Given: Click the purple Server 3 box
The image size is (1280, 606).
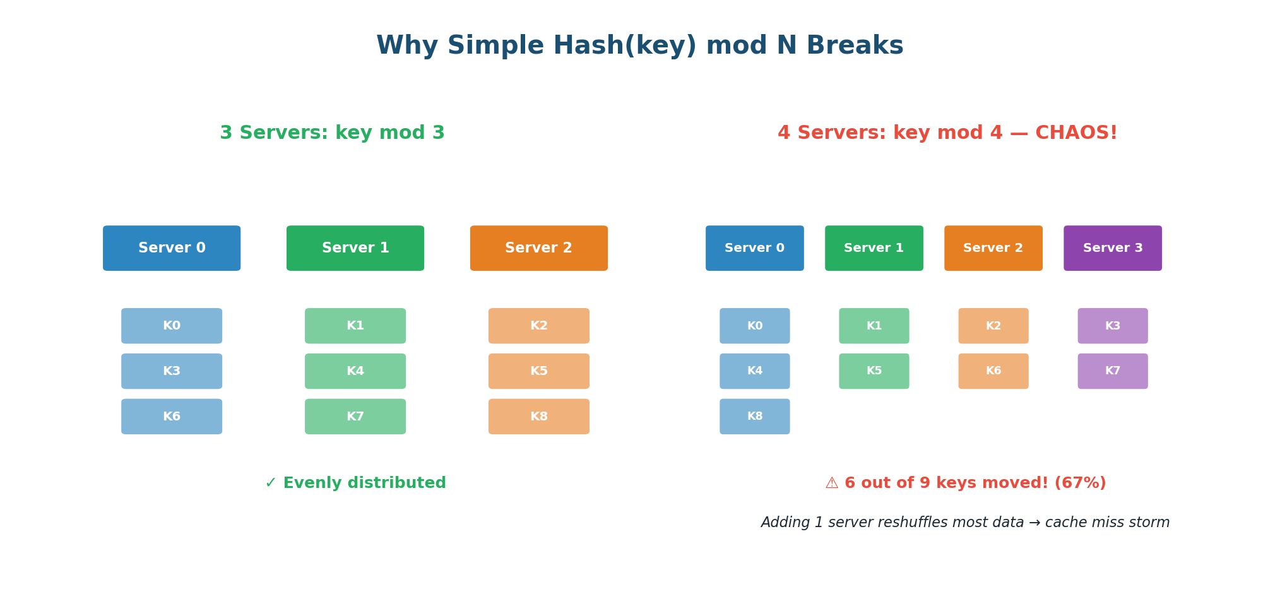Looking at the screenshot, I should [1112, 248].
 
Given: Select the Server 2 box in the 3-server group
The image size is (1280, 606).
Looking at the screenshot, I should [538, 248].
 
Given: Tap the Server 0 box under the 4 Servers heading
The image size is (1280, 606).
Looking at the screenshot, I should [754, 248].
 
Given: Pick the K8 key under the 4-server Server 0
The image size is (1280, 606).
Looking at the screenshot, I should [754, 417].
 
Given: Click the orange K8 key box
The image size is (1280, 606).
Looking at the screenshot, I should [538, 417].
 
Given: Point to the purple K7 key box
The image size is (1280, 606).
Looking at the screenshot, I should [1112, 371].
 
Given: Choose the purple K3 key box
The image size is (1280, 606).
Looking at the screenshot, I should [1112, 326].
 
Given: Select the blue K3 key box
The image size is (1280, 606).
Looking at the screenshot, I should [172, 371].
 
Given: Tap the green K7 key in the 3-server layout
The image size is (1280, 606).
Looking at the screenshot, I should [355, 417].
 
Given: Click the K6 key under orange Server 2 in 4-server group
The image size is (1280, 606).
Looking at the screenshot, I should [993, 371].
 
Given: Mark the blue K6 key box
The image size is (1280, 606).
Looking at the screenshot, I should [172, 417].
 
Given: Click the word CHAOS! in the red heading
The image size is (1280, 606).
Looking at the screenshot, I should [1076, 133].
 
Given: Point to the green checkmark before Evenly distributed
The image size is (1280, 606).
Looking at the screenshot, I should [271, 484].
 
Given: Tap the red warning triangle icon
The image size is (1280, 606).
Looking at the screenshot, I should [832, 484].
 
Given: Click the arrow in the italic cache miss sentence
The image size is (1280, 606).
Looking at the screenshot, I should [1034, 523].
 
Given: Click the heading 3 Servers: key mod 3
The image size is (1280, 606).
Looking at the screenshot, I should [332, 133].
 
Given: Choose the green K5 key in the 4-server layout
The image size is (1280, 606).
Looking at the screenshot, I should [874, 371].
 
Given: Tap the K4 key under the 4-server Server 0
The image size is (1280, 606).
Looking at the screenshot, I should [754, 371].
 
